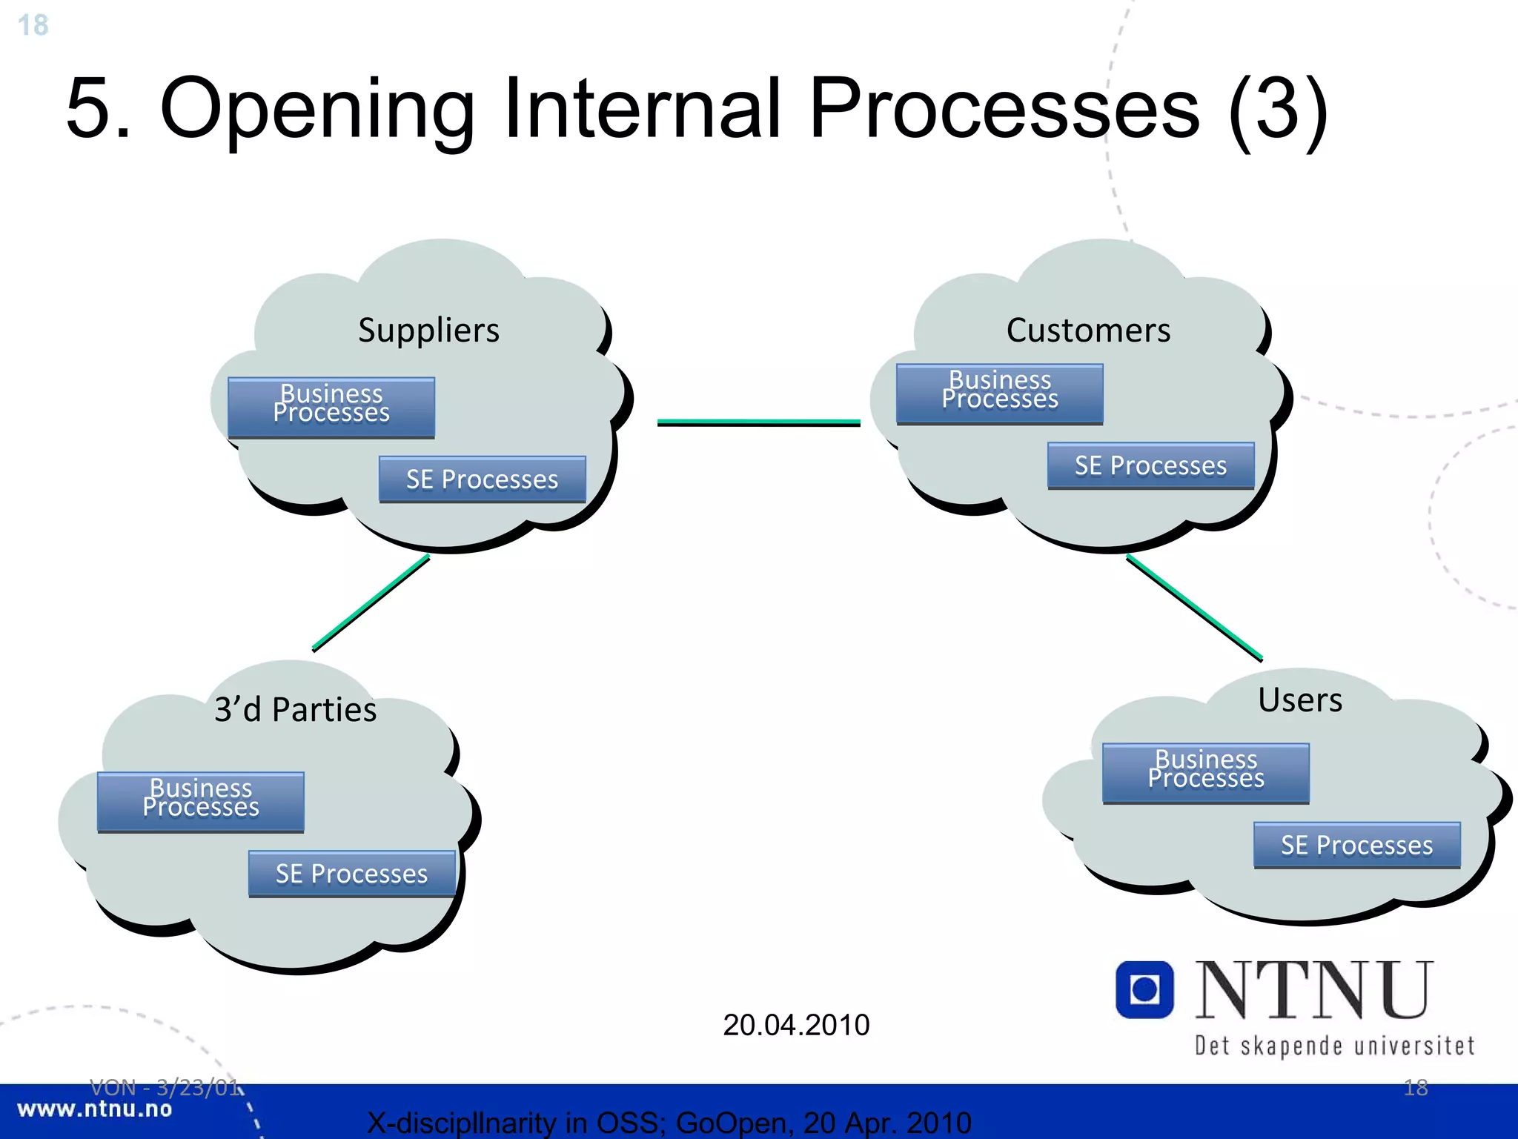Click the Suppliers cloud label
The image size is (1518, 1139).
click(428, 331)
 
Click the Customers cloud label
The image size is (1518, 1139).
click(1088, 331)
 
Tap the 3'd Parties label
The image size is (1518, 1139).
click(296, 710)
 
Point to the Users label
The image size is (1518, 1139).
click(1300, 700)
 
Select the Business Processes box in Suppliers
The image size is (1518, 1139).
click(331, 407)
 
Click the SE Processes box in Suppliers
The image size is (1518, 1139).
click(482, 479)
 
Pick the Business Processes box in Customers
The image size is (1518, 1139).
click(999, 393)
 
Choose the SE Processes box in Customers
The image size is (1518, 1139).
click(1150, 465)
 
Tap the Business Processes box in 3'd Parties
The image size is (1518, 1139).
click(201, 802)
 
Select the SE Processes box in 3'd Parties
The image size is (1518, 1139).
click(351, 874)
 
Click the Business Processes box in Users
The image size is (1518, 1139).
click(1205, 773)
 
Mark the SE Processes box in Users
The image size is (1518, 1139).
click(1356, 845)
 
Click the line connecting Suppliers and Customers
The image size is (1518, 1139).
click(758, 422)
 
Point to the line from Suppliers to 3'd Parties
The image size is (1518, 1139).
click(371, 603)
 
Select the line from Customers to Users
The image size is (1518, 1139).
click(1193, 607)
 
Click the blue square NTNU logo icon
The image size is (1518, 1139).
click(1144, 989)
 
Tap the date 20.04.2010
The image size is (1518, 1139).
click(796, 1025)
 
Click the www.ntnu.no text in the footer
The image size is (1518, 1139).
click(95, 1109)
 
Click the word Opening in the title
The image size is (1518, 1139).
click(317, 109)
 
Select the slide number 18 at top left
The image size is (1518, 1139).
click(33, 25)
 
